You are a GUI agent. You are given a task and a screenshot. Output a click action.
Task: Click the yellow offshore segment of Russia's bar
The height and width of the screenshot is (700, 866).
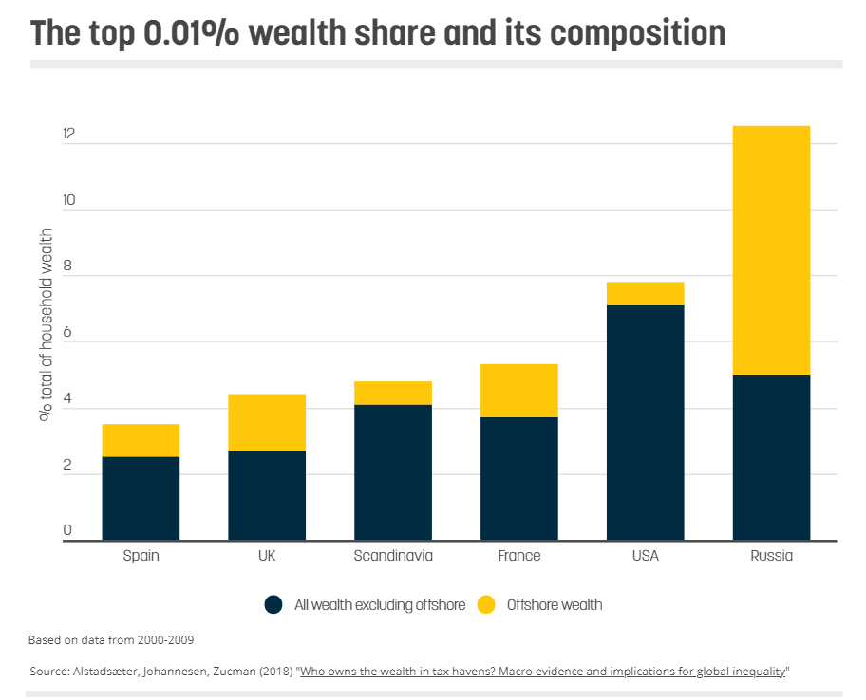click(771, 249)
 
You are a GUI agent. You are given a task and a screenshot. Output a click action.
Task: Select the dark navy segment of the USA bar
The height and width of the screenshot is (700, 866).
click(645, 422)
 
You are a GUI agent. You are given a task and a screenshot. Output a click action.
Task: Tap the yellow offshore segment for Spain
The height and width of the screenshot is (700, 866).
click(141, 440)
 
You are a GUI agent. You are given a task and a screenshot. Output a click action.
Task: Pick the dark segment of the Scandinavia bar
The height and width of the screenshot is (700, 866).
click(392, 472)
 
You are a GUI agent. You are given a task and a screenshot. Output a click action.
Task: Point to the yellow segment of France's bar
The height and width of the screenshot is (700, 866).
click(518, 390)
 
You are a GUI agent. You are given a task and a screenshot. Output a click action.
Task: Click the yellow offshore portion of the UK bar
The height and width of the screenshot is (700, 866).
click(266, 422)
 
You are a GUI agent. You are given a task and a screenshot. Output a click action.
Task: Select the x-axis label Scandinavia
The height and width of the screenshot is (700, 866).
click(392, 556)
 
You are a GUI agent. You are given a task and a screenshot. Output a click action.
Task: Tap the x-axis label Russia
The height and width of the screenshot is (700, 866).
click(771, 556)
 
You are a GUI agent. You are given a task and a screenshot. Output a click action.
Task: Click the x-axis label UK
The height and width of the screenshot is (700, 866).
click(266, 556)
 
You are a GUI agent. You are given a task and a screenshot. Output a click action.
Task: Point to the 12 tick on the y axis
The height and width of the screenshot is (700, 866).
click(67, 136)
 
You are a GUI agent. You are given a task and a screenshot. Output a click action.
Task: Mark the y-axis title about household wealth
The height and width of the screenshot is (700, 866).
click(45, 324)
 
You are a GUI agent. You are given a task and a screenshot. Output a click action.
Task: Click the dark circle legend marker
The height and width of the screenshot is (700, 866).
click(274, 604)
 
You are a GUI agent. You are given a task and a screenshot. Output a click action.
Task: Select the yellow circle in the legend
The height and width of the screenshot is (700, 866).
click(486, 604)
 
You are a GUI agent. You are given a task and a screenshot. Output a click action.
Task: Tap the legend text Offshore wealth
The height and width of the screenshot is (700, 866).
click(555, 604)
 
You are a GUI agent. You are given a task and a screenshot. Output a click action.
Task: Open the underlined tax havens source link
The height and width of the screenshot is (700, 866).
click(542, 672)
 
